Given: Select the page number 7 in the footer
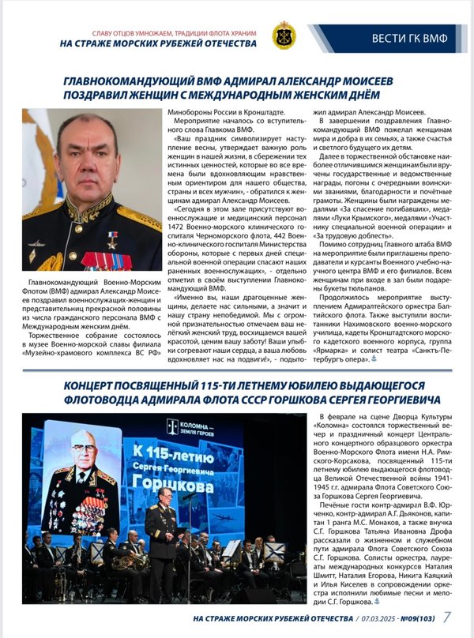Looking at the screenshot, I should (448, 617).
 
